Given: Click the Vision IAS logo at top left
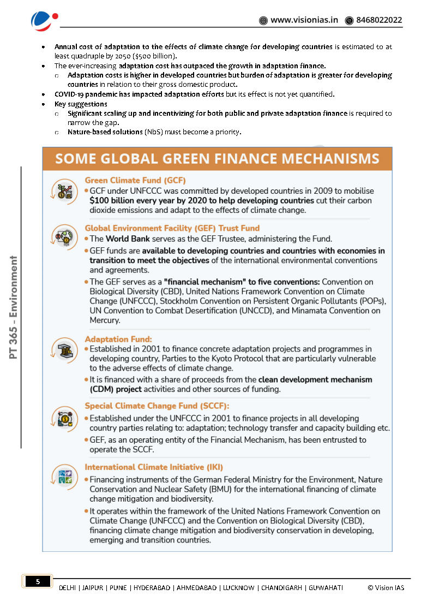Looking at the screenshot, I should (44, 21).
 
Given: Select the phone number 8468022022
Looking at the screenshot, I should (378, 20).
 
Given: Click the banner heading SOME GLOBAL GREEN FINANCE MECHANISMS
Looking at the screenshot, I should (217, 159).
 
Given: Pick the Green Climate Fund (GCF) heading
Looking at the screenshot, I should (135, 180).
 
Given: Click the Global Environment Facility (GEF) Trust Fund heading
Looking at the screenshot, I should (172, 228).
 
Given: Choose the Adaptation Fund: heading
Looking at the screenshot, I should (118, 339).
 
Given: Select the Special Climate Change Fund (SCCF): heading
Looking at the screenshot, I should (157, 406).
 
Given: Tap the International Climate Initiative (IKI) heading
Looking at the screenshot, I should (154, 467).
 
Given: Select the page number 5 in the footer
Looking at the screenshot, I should (37, 582).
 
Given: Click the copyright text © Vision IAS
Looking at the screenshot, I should (386, 587).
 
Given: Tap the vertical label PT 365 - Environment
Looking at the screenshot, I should (14, 307).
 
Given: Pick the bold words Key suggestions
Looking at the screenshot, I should (81, 104).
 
